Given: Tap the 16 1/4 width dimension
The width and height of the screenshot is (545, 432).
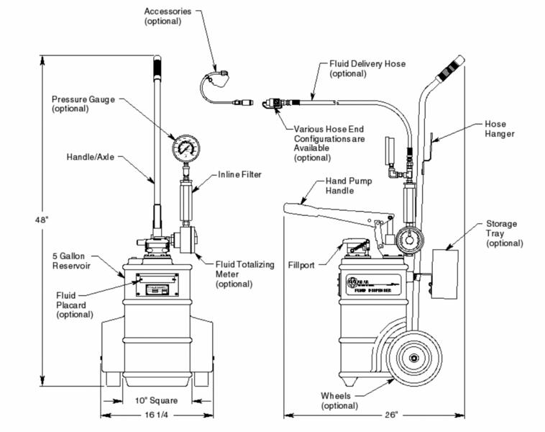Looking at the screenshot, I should coord(157,415).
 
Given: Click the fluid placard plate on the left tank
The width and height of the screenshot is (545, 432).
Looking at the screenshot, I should coord(157,288).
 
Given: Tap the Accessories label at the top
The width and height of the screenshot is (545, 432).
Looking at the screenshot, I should coord(168,17).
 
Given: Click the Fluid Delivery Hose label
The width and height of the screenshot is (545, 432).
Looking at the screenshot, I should coord(367,68).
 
